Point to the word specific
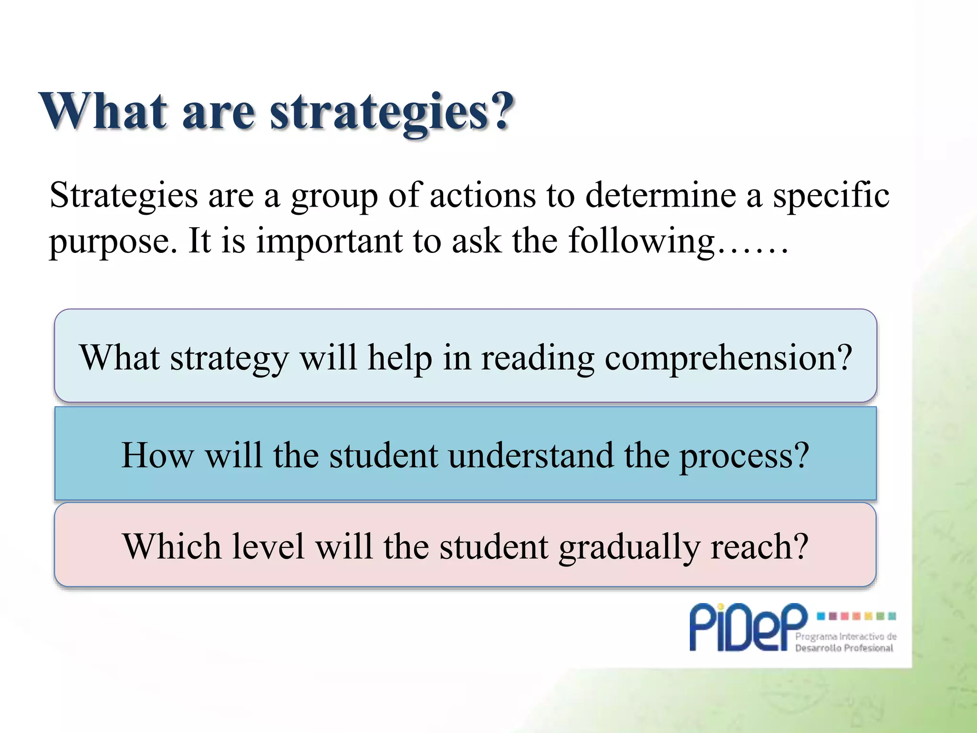click(831, 196)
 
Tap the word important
click(329, 241)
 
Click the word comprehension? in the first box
click(728, 358)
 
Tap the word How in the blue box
click(157, 455)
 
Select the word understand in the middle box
click(531, 455)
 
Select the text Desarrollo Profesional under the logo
click(844, 648)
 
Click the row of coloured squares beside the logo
click(857, 616)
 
